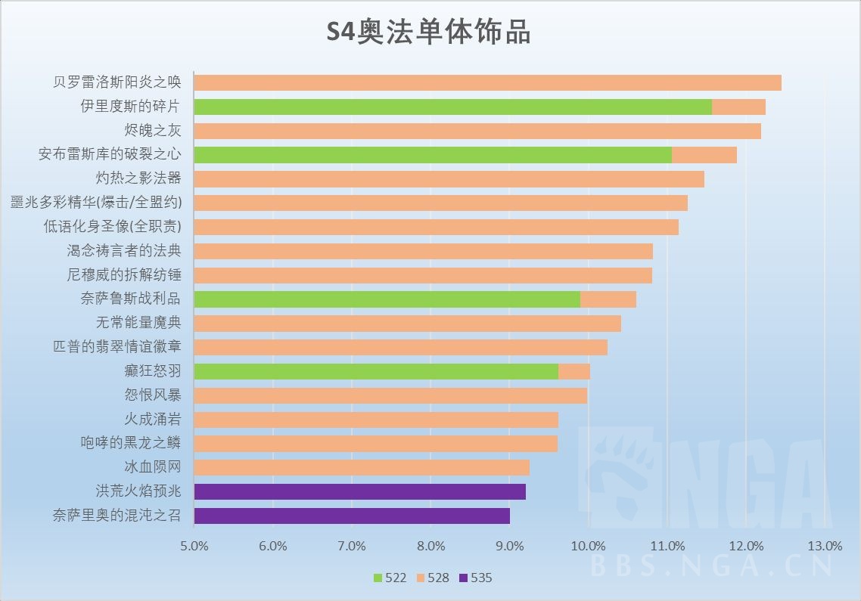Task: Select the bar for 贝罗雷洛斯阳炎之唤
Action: click(x=487, y=82)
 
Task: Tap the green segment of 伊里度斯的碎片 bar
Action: click(x=452, y=107)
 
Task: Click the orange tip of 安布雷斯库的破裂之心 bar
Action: click(x=704, y=155)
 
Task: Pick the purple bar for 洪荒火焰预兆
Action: click(x=359, y=491)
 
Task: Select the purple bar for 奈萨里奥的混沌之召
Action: click(x=352, y=516)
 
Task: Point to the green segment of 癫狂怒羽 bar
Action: click(x=376, y=371)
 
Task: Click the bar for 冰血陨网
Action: click(x=362, y=467)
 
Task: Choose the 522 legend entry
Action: click(x=390, y=578)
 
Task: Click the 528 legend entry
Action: click(x=432, y=578)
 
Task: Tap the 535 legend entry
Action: click(x=475, y=578)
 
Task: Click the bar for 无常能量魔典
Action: click(x=407, y=323)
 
